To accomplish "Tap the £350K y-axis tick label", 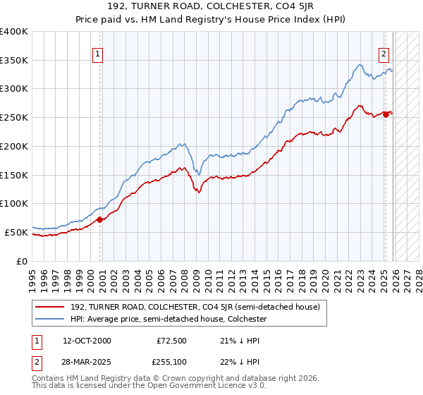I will click(x=14, y=61).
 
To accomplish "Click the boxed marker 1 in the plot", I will click(x=98, y=53).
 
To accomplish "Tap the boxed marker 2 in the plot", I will click(x=384, y=53).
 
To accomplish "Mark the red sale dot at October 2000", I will click(x=100, y=219).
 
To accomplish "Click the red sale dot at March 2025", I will click(x=386, y=114).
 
